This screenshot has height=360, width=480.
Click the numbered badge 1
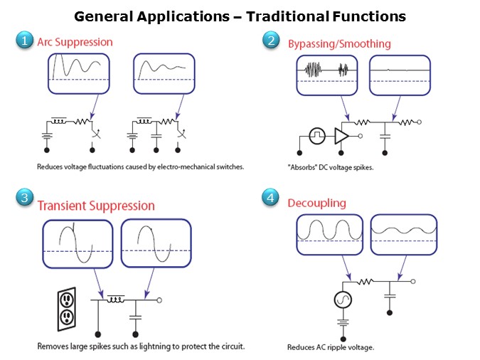25,42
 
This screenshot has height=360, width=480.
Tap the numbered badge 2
272,41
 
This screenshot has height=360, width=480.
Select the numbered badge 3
25,198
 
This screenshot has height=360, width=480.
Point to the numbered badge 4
272,198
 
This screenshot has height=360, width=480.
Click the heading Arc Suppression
75,42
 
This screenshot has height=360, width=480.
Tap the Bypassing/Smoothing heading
339,44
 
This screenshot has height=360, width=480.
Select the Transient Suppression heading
96,206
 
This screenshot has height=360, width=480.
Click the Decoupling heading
316,203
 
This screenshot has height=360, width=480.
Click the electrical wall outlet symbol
66,307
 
